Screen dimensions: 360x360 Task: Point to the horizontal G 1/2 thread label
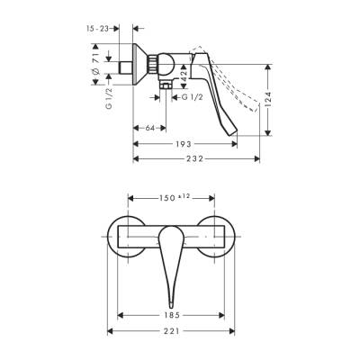[191, 96]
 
